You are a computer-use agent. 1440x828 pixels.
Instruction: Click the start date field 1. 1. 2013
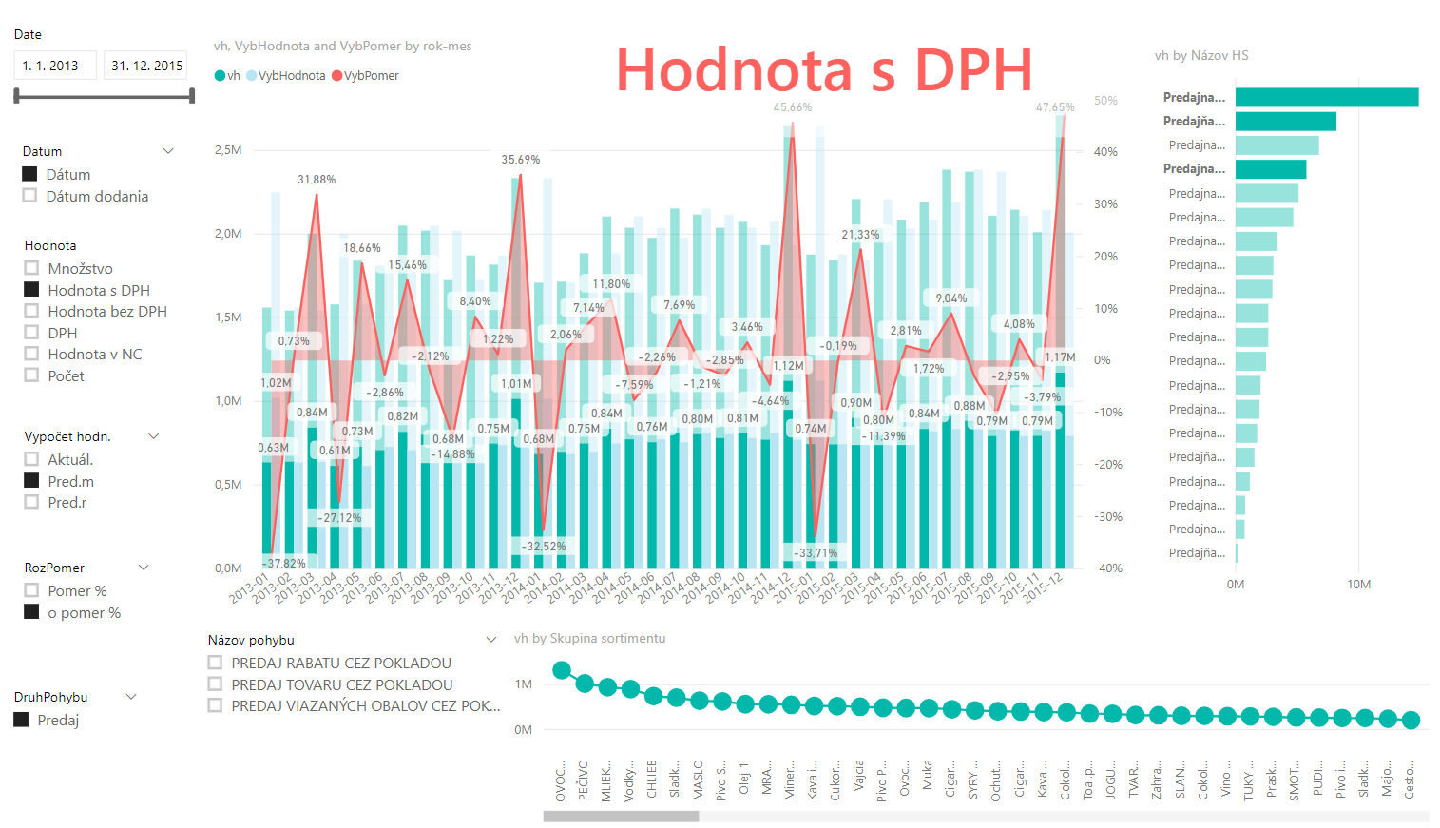(54, 66)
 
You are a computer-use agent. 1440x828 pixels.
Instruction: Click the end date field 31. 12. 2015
(145, 66)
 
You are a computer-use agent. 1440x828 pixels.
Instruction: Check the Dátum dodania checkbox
(30, 196)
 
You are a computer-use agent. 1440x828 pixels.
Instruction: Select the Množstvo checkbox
(32, 268)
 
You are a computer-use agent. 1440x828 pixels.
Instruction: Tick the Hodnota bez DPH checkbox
(32, 311)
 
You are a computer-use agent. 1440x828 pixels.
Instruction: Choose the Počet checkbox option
(32, 375)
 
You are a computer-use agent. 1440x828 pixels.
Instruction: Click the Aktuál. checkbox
(32, 459)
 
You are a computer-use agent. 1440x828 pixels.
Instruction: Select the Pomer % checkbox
(32, 590)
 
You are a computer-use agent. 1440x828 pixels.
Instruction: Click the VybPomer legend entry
(366, 76)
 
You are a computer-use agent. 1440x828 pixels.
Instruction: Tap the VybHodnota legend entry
(286, 76)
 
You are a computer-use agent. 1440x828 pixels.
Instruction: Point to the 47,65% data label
(1055, 107)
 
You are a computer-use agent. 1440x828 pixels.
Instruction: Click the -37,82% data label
(285, 563)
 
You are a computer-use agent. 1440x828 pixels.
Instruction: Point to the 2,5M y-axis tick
(228, 150)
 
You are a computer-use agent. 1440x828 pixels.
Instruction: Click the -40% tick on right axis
(1107, 568)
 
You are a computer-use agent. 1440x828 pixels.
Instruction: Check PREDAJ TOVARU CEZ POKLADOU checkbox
(216, 684)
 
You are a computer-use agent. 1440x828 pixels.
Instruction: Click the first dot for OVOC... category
(562, 670)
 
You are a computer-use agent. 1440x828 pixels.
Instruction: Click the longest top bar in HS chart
(1326, 97)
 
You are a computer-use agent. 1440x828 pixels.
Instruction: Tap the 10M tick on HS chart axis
(1358, 585)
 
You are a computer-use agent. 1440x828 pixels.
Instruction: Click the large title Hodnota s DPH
(824, 70)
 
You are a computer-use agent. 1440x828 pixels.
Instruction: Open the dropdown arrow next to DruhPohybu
(131, 697)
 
